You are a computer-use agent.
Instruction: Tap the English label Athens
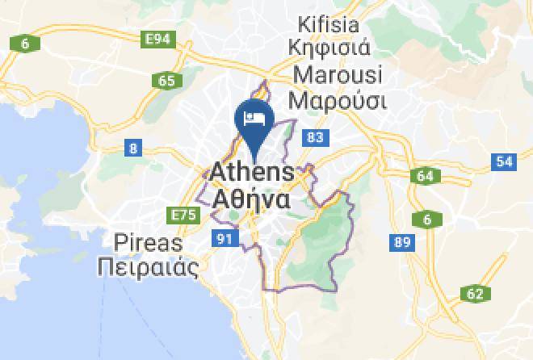tap(252, 173)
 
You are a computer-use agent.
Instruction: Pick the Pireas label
tap(149, 243)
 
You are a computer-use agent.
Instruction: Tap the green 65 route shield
tap(167, 80)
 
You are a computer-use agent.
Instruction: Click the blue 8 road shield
tap(133, 148)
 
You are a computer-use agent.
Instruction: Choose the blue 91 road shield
tap(224, 238)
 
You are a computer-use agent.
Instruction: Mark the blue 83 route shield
tap(315, 138)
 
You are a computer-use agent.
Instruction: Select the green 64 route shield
tap(426, 176)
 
